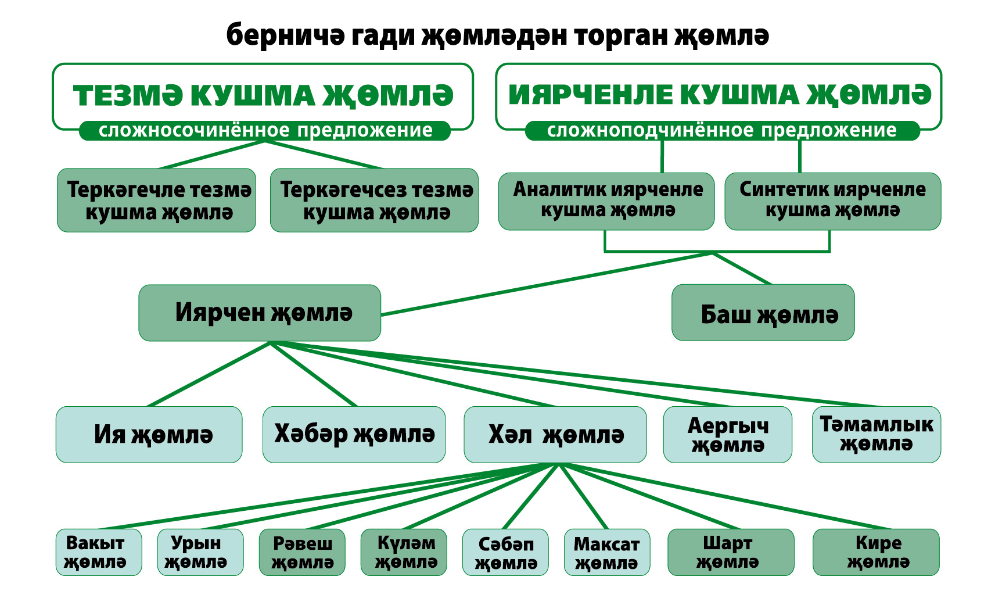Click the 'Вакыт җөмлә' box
point(99,552)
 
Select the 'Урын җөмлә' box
point(200,552)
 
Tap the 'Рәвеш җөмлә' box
point(302,552)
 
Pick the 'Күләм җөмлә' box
point(404,552)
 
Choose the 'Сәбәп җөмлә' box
point(505,552)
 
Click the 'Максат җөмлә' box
point(607,552)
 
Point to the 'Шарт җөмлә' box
point(731,552)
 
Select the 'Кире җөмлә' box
point(876,552)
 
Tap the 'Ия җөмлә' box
point(149,435)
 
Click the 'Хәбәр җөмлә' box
point(354,435)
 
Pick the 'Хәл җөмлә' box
point(555,435)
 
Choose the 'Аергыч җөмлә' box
point(728,435)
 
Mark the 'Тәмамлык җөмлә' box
point(877,435)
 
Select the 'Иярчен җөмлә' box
point(260,313)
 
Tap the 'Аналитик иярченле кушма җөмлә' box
point(606,201)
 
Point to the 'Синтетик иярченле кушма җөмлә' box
point(833,201)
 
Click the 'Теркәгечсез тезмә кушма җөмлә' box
point(375,200)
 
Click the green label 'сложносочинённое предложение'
point(265,131)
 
